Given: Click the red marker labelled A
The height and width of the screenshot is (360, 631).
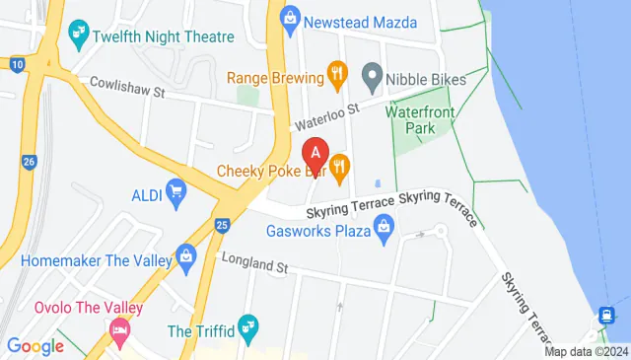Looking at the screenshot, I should click(315, 155).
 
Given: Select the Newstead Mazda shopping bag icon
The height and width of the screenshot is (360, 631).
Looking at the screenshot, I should click(290, 18).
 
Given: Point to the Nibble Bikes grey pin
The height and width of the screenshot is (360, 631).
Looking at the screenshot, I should click(372, 74).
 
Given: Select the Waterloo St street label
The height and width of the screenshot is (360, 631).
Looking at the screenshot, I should click(325, 117).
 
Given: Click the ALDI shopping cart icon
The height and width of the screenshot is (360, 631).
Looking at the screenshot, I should click(177, 190).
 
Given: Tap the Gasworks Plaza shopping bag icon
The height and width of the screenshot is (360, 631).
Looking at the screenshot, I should click(385, 232).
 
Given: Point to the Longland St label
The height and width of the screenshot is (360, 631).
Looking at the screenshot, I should click(254, 266).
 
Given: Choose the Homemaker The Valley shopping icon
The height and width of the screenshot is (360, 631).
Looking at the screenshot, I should click(186, 257).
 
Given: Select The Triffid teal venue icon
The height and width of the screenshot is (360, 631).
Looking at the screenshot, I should click(248, 324).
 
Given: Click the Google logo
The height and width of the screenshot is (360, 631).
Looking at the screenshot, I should click(35, 346).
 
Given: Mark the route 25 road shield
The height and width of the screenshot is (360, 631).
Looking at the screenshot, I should click(222, 226).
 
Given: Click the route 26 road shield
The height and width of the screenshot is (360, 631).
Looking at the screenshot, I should click(29, 161).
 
